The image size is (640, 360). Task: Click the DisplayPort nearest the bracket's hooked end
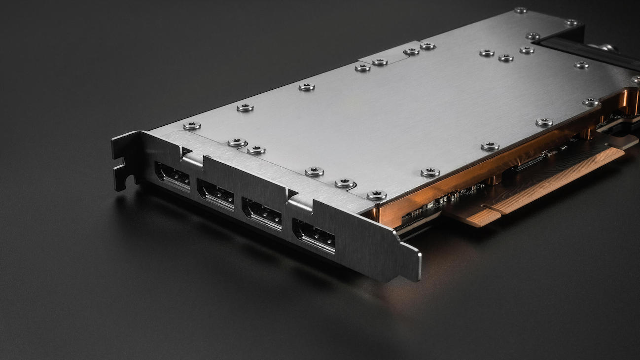(x=173, y=176)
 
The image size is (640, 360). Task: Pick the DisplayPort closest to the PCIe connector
(x=314, y=236)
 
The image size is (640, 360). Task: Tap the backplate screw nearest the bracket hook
(x=191, y=126)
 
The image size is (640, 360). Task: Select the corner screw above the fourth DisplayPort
(x=376, y=195)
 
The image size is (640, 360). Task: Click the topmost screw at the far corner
(x=520, y=10)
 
